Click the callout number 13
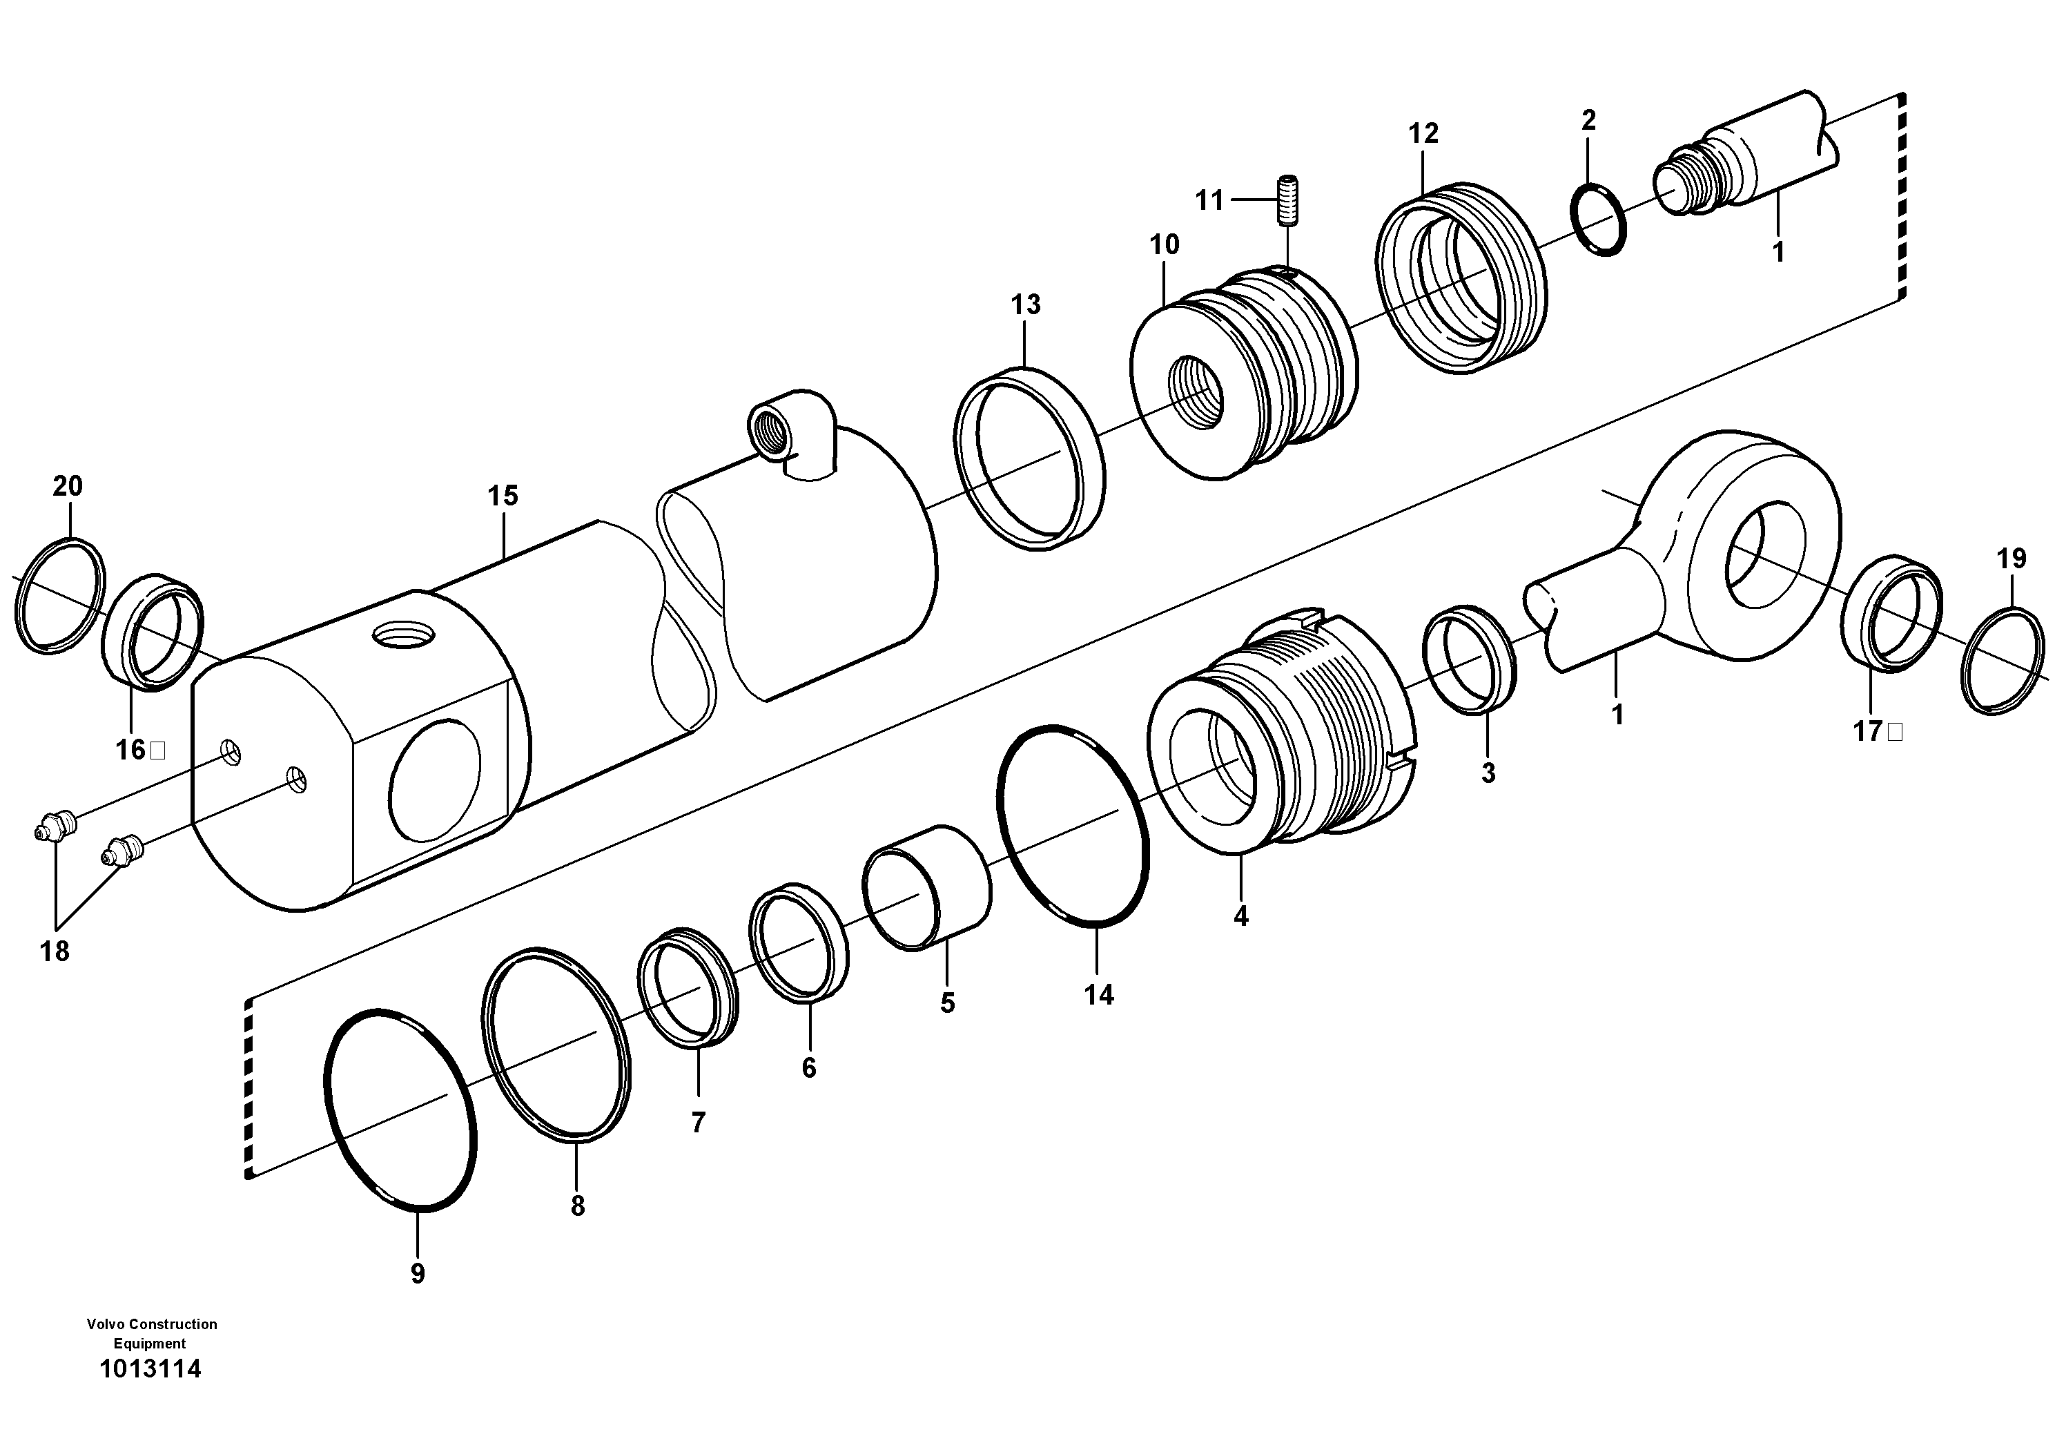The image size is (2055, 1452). (x=1026, y=305)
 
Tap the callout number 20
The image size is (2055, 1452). (x=67, y=487)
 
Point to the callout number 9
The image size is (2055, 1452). (x=417, y=1274)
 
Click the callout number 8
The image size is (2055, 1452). (x=577, y=1207)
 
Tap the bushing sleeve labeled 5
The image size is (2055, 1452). (x=926, y=887)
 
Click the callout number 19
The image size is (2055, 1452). (x=2010, y=559)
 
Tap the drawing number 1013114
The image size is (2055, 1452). (x=150, y=1370)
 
